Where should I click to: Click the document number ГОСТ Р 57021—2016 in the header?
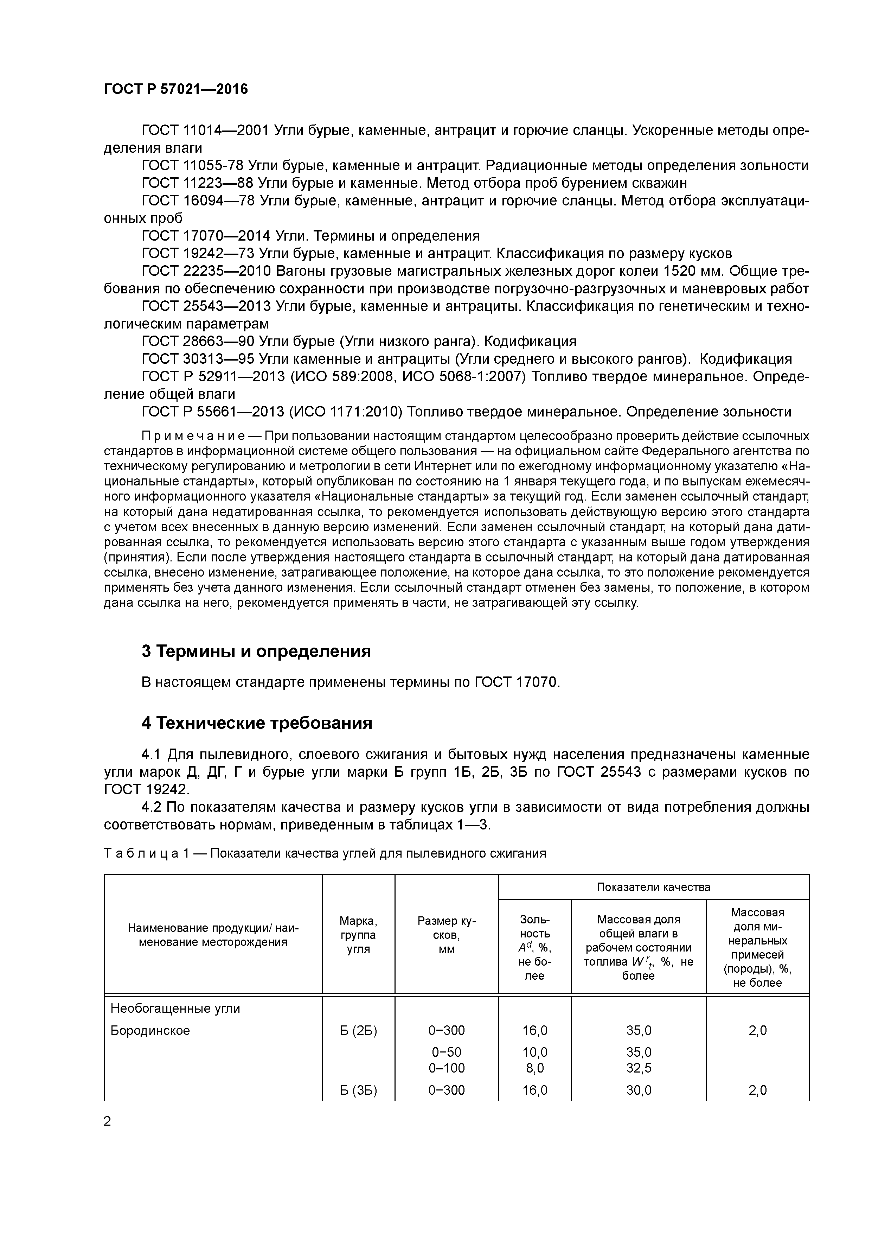[176, 89]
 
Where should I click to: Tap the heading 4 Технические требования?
[256, 723]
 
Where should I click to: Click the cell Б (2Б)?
[358, 1030]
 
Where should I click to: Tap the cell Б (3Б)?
[358, 1090]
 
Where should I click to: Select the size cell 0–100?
[447, 1068]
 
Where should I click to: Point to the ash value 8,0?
[534, 1068]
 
